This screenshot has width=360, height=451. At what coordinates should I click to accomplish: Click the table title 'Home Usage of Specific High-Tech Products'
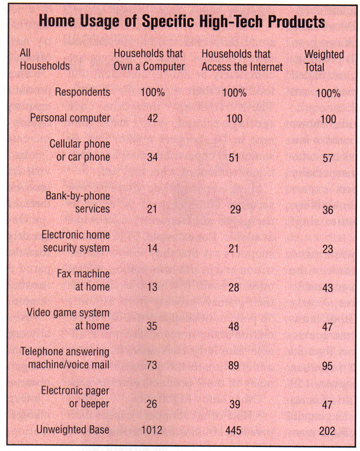click(181, 22)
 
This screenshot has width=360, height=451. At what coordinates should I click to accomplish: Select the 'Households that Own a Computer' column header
click(149, 60)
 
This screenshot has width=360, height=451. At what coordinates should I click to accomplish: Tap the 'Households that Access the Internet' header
click(242, 60)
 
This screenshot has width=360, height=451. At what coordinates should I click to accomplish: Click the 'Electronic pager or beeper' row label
click(76, 398)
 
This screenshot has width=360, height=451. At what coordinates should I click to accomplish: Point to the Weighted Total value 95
click(328, 366)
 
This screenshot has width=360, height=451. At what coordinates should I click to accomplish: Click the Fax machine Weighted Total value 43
click(328, 288)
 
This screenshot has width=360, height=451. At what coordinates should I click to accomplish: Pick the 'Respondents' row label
click(82, 92)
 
